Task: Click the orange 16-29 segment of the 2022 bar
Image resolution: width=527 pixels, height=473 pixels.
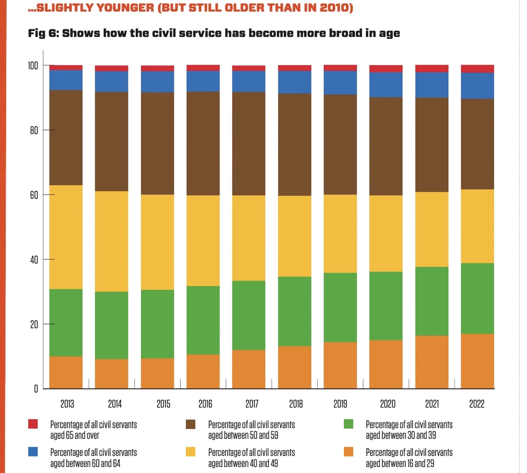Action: pyautogui.click(x=477, y=361)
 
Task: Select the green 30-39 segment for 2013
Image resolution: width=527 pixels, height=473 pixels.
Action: pyautogui.click(x=66, y=322)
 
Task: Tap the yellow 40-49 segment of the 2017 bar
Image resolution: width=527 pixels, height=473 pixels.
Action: pyautogui.click(x=249, y=238)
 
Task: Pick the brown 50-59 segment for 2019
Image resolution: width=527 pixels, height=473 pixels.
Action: pyautogui.click(x=340, y=144)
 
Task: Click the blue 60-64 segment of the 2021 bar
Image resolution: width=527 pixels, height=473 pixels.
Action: pyautogui.click(x=432, y=85)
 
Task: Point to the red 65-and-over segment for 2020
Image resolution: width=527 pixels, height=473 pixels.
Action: pyautogui.click(x=386, y=69)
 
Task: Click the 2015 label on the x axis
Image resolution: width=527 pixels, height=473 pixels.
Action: pyautogui.click(x=163, y=404)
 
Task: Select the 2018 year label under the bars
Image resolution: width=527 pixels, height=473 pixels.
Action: pyautogui.click(x=296, y=404)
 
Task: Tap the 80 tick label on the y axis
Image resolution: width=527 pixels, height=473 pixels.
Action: pyautogui.click(x=34, y=130)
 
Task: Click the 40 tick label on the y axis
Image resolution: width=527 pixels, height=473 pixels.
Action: pyautogui.click(x=34, y=260)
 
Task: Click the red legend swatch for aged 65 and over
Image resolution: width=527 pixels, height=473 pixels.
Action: pyautogui.click(x=33, y=424)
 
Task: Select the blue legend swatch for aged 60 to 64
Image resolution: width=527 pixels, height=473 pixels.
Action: pyautogui.click(x=33, y=452)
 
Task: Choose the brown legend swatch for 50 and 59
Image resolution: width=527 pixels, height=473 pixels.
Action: pyautogui.click(x=191, y=424)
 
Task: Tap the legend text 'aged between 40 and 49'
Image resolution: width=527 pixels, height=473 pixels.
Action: pyautogui.click(x=243, y=463)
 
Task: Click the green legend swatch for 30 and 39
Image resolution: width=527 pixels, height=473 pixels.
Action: pyautogui.click(x=348, y=424)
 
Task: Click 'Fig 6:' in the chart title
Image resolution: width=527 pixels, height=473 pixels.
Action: pyautogui.click(x=43, y=33)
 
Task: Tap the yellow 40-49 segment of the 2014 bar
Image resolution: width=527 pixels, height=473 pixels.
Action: pyautogui.click(x=112, y=241)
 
